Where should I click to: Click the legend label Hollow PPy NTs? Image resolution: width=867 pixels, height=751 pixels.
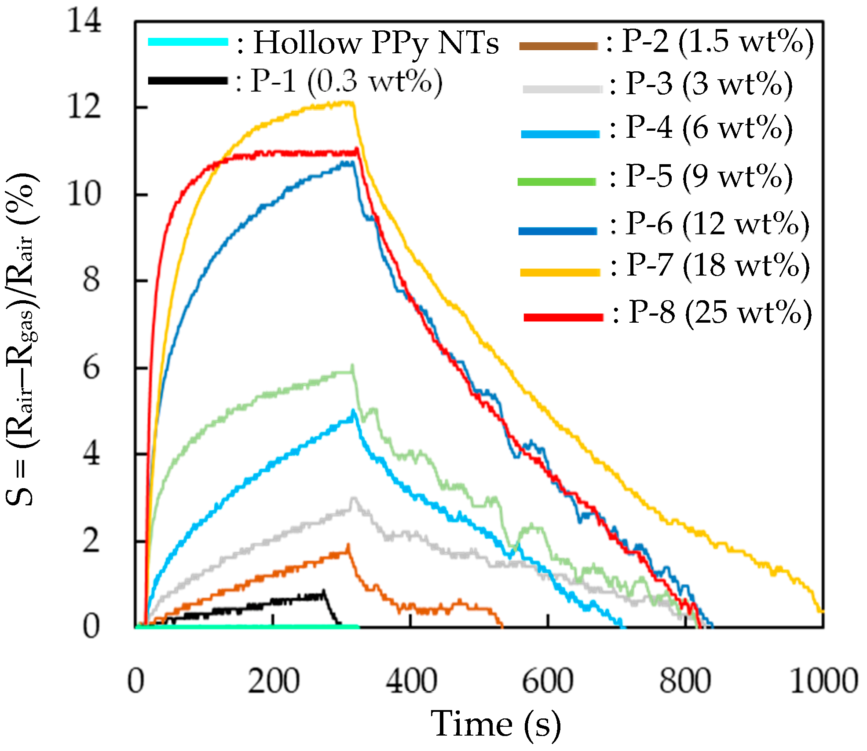376,43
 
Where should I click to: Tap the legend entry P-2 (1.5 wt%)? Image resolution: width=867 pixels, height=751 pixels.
717,42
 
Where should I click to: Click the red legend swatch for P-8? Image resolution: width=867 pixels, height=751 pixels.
563,317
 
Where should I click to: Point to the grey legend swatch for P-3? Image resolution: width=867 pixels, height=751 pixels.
562,89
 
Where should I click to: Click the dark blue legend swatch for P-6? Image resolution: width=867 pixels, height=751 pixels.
558,231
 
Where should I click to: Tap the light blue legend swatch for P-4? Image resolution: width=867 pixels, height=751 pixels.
560,134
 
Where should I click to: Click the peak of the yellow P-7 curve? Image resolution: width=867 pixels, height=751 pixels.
348,103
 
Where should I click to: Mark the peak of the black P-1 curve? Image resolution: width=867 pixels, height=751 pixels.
324,591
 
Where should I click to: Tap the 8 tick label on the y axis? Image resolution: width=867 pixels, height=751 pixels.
91,280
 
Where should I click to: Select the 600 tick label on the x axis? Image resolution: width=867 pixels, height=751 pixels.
548,681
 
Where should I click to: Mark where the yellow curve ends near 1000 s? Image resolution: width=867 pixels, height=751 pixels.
821,611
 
